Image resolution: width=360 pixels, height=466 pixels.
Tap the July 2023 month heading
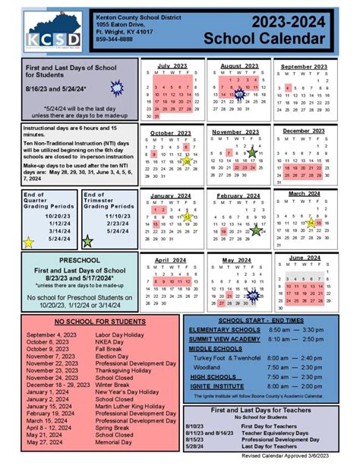click(172, 67)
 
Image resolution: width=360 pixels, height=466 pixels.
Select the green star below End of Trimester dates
click(88, 242)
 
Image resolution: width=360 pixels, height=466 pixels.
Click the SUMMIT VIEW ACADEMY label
click(226, 339)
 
